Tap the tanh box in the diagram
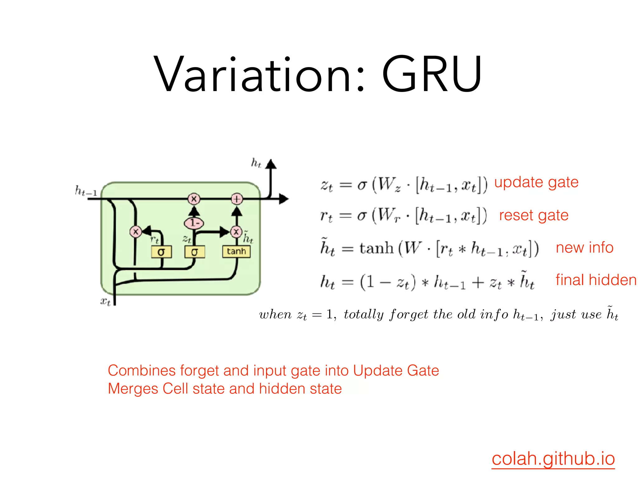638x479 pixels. tap(236, 251)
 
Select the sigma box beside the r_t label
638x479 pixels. tap(161, 252)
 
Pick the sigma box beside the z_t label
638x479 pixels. tap(194, 252)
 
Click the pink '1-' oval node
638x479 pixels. tap(194, 223)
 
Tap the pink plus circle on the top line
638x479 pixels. tap(237, 199)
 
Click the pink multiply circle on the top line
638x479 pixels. tap(194, 199)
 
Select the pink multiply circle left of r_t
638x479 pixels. tap(136, 232)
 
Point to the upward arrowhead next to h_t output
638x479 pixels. tap(271, 164)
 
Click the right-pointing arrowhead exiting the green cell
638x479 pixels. tap(283, 199)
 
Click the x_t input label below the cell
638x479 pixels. tap(105, 302)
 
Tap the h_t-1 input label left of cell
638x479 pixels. tap(86, 191)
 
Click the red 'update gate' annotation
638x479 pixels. tap(536, 182)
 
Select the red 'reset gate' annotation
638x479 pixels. tap(534, 215)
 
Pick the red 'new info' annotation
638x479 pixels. tap(584, 248)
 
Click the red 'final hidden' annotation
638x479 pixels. tap(596, 280)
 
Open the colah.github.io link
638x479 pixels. tap(553, 459)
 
